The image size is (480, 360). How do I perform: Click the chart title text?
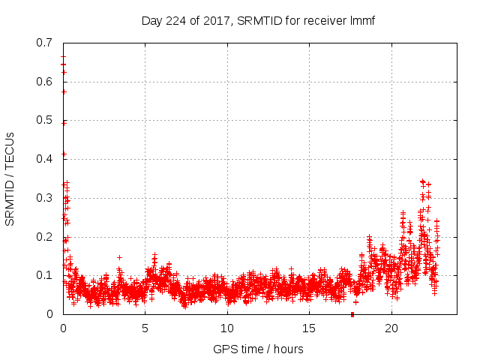point(258,20)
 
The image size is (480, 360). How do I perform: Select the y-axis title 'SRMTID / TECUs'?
point(10,178)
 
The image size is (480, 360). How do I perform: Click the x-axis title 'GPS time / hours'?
point(258,349)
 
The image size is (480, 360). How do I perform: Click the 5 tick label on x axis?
point(145,328)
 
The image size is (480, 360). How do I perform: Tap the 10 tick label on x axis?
point(227,328)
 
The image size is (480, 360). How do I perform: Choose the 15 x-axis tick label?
point(309,328)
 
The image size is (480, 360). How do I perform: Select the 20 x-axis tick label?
point(391,328)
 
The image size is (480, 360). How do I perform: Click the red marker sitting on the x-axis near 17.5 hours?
point(352,313)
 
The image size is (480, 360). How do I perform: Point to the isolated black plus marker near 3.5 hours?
point(119,257)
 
